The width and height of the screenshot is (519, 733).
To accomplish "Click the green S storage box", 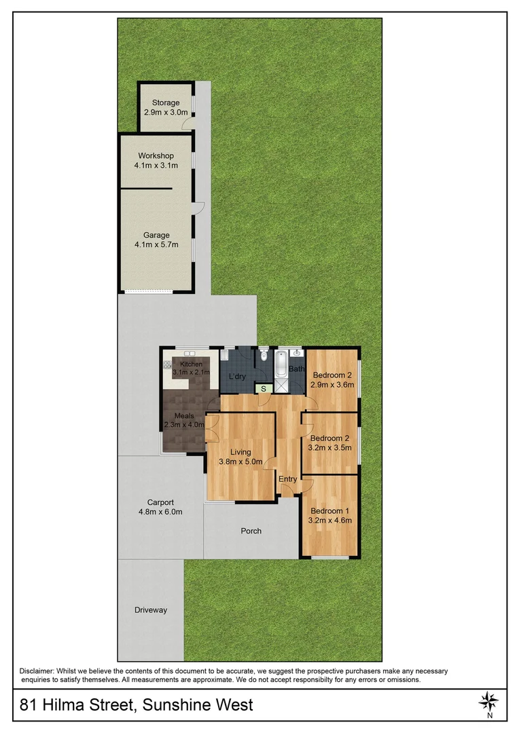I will click(263, 388).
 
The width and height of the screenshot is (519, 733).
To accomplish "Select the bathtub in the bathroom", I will click(281, 364).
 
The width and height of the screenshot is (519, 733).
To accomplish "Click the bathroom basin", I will click(296, 353).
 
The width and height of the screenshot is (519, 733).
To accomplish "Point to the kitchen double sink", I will click(187, 353).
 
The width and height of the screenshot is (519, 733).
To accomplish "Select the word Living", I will click(240, 452).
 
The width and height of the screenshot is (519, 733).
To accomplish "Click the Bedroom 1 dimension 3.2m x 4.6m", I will click(330, 521).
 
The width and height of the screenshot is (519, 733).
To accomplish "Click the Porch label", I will click(251, 531).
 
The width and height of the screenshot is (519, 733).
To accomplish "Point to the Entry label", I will click(288, 479).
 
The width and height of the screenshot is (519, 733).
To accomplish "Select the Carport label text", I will click(151, 502).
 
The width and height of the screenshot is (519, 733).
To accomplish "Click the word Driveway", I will click(150, 610).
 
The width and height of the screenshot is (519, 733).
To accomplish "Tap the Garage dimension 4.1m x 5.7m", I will click(156, 245).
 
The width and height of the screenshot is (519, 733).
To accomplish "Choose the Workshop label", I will click(156, 156).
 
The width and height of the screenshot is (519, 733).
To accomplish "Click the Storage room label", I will click(166, 103).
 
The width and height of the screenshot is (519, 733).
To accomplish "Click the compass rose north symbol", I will click(489, 700).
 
